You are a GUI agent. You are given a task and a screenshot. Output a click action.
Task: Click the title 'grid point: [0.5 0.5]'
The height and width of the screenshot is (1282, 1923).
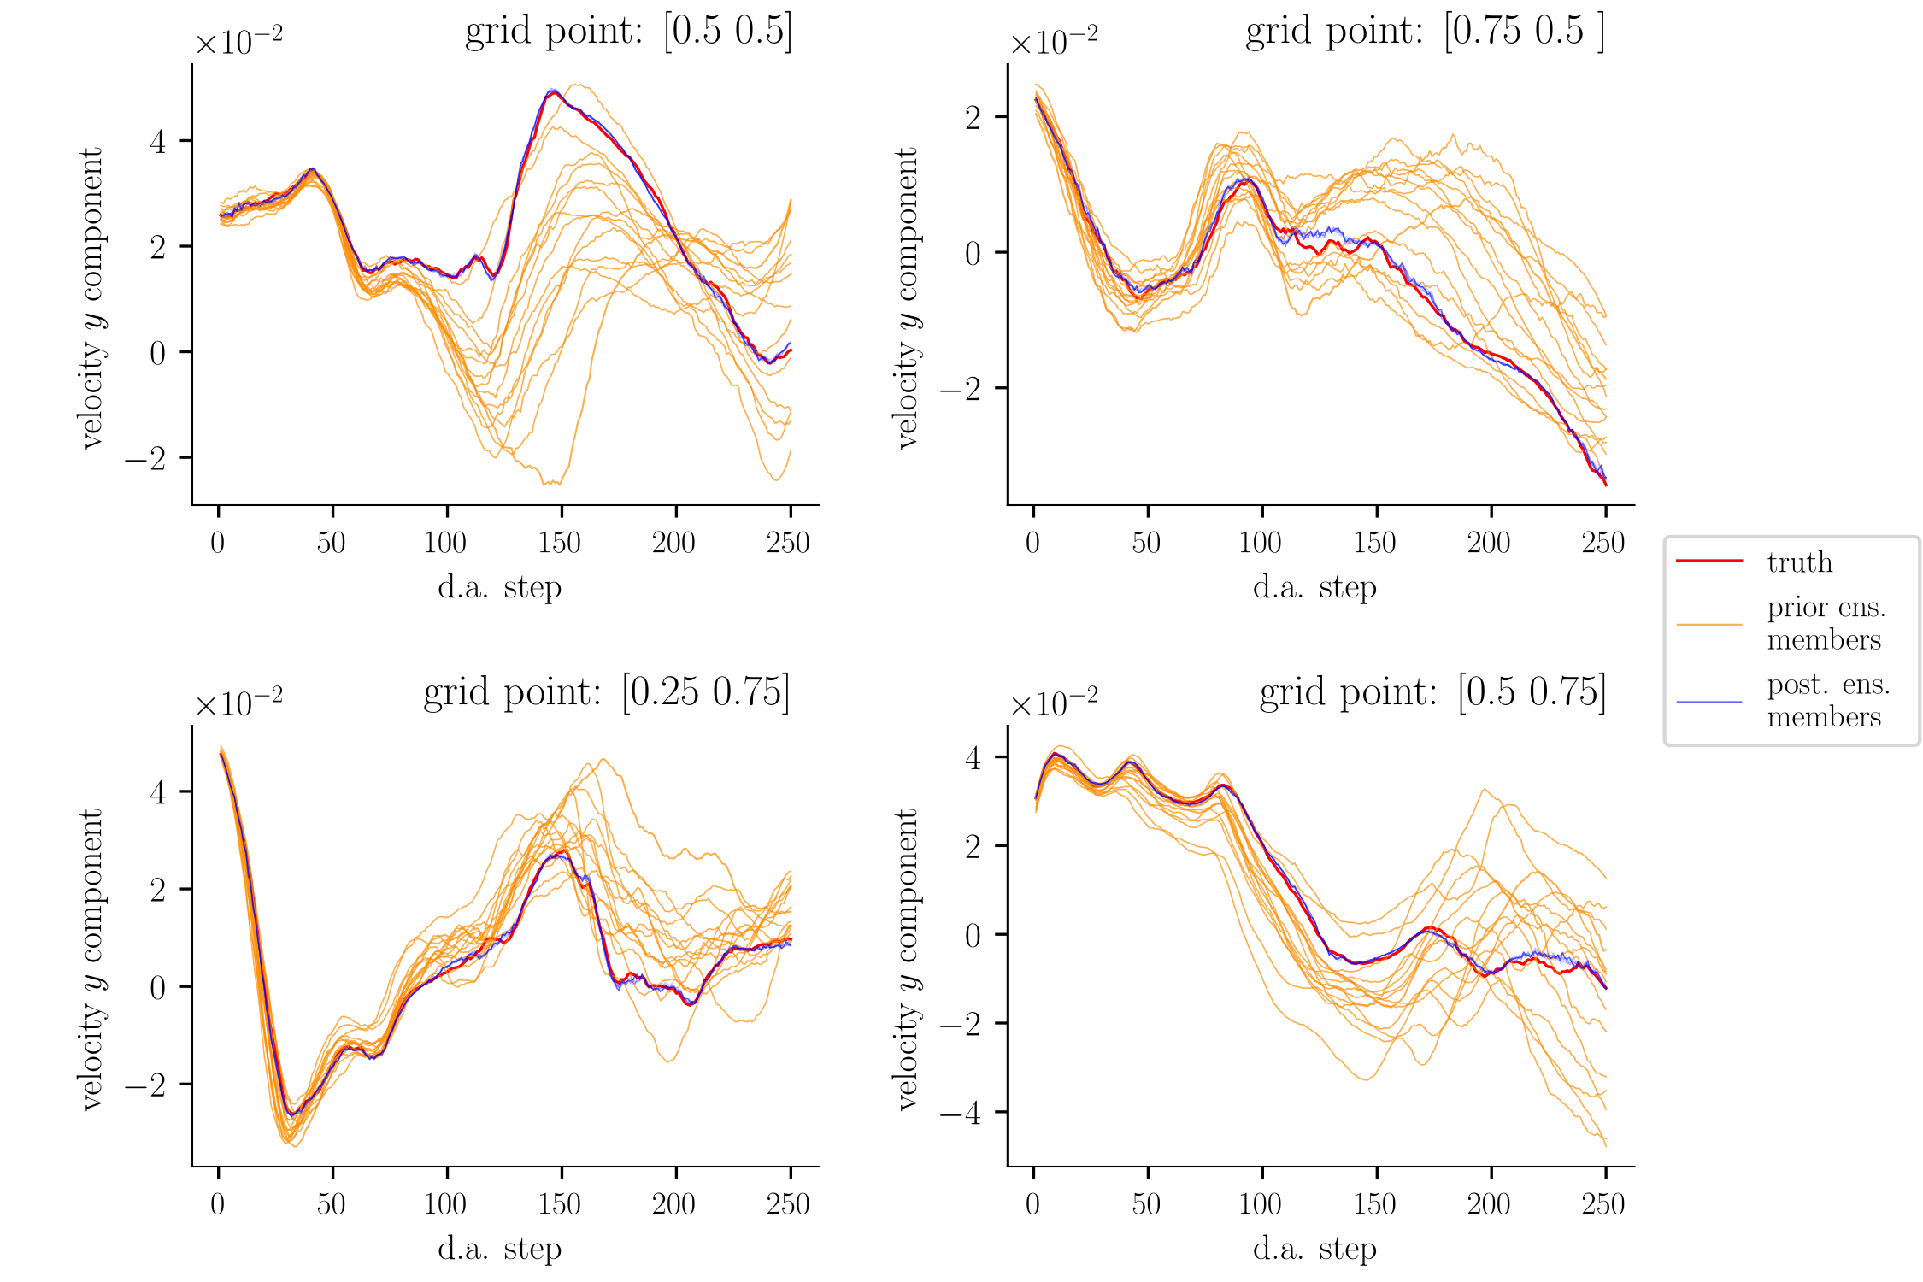click(628, 32)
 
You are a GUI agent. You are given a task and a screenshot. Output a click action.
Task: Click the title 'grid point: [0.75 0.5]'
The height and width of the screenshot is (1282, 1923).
click(1425, 32)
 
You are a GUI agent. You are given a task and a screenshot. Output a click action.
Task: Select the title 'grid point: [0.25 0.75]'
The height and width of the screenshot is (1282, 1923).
click(606, 693)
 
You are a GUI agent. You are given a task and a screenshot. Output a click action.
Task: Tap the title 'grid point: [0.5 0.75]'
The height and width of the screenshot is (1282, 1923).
click(1432, 693)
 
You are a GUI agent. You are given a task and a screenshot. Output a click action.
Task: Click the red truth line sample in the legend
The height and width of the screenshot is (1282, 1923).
click(1709, 561)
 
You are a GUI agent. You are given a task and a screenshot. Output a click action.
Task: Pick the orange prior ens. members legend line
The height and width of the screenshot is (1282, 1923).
click(1709, 625)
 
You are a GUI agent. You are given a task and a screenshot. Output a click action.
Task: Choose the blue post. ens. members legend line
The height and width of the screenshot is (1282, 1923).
click(1709, 702)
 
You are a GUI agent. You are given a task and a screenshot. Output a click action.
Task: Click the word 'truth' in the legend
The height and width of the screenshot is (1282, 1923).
click(1800, 562)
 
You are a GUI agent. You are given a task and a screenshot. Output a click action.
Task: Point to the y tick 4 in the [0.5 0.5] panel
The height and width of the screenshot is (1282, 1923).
click(158, 142)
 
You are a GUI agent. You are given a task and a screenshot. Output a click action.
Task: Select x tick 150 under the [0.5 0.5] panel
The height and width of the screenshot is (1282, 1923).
click(561, 543)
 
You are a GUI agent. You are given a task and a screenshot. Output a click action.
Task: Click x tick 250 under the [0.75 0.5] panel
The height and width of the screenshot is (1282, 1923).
click(1604, 543)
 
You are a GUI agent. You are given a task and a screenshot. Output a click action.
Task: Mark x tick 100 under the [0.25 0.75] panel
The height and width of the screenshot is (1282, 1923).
click(445, 1204)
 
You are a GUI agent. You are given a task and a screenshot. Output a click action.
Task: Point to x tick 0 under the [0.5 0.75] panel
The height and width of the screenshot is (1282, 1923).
click(1033, 1204)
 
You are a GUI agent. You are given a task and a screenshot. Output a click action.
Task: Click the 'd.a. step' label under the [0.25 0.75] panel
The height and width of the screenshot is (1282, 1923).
click(500, 1250)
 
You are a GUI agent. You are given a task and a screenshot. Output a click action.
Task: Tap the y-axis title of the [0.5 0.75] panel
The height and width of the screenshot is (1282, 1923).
click(906, 959)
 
